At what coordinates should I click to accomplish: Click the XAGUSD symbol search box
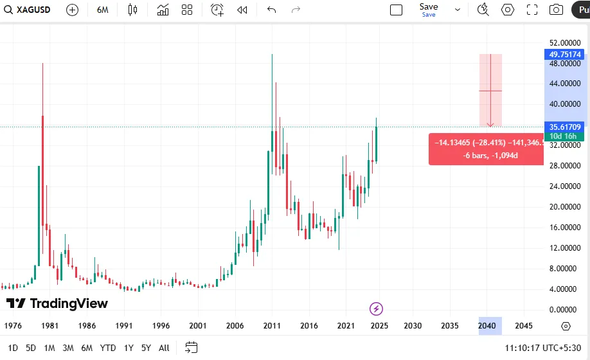(29, 10)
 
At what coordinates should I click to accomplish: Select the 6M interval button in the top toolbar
(102, 10)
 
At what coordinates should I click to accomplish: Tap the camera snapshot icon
(556, 10)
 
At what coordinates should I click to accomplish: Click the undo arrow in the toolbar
(271, 10)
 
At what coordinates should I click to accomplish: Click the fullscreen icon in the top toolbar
(532, 10)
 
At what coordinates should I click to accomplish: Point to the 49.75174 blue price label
(565, 55)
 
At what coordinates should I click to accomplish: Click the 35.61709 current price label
(565, 127)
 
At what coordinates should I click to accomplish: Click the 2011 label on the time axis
(273, 326)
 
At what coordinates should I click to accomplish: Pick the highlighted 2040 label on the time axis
(487, 326)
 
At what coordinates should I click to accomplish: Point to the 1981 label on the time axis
(49, 326)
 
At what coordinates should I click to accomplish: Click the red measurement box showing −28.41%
(487, 149)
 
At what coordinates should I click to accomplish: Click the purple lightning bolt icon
(377, 309)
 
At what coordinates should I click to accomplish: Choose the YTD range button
(108, 348)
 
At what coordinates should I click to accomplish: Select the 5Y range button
(146, 348)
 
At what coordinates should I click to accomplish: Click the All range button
(164, 348)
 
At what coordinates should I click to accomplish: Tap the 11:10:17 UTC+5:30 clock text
(542, 348)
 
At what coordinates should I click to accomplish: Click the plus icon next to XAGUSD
(72, 10)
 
